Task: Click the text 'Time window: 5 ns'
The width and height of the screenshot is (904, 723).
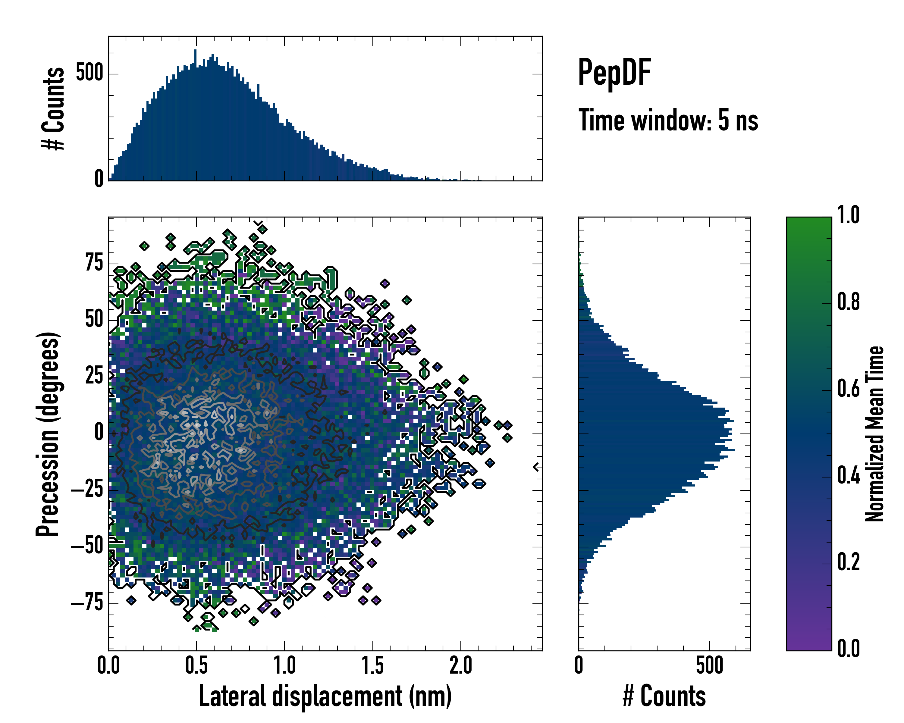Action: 668,120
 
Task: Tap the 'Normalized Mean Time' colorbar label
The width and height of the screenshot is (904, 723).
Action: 875,434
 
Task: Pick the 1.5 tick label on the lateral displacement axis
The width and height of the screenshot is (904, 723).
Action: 373,666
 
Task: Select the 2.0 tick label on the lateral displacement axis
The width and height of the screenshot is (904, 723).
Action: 461,666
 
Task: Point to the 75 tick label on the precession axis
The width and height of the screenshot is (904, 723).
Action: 94,263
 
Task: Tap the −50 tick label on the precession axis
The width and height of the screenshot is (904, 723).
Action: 87,546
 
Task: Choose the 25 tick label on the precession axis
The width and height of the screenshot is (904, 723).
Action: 94,376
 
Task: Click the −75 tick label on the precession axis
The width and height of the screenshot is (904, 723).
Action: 87,603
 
